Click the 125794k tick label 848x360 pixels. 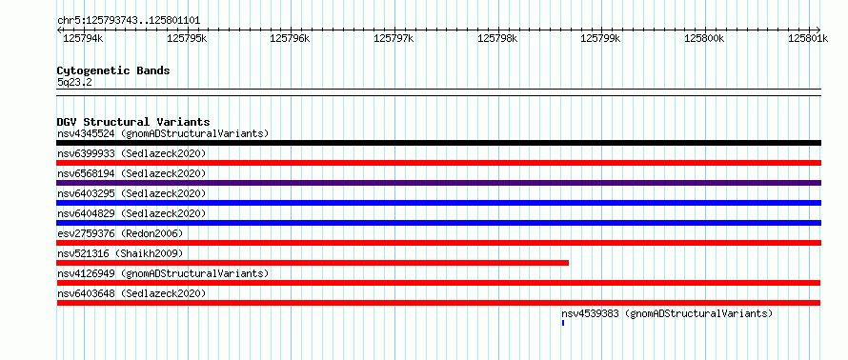click(x=82, y=38)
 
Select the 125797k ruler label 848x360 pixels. click(x=394, y=38)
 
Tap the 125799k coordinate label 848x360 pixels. click(x=600, y=38)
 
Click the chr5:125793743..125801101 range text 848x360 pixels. click(x=129, y=21)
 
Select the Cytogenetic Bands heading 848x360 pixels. click(x=113, y=70)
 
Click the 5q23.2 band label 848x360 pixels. click(x=74, y=82)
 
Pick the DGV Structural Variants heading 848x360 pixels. click(x=133, y=122)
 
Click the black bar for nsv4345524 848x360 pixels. click(x=438, y=143)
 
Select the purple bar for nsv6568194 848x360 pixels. click(x=438, y=183)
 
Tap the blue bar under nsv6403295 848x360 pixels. click(x=438, y=203)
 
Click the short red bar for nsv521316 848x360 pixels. click(x=313, y=263)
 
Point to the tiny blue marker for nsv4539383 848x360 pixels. click(x=563, y=323)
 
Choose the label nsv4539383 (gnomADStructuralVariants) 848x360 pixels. click(x=667, y=313)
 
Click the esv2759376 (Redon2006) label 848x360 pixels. click(x=120, y=233)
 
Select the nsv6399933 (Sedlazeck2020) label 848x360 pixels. click(x=131, y=153)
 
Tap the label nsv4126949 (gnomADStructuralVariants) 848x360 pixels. click(x=163, y=273)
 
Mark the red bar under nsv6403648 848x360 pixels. click(x=438, y=303)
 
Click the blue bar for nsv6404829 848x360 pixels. click(x=438, y=223)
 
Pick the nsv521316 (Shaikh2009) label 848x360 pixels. click(x=120, y=253)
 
